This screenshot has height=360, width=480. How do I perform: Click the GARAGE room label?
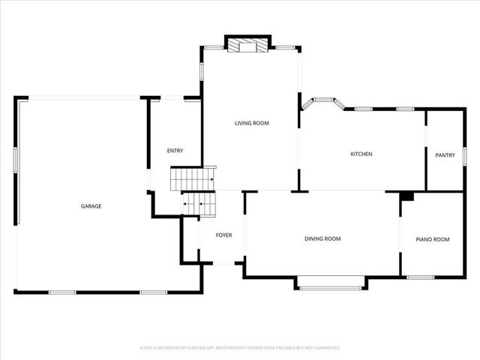[91, 206]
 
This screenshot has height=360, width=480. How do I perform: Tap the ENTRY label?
[175, 151]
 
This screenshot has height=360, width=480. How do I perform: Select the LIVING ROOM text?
[251, 123]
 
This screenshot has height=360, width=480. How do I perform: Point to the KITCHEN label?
[361, 154]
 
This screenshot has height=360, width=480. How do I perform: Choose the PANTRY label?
[445, 155]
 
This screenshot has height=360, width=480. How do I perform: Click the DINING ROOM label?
[322, 238]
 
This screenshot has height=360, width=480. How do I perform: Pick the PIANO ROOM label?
[433, 239]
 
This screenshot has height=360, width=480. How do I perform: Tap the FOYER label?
[223, 235]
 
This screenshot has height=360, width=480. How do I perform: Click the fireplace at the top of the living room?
[247, 46]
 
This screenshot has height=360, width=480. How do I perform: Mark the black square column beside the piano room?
[406, 196]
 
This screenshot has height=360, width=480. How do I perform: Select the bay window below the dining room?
[331, 283]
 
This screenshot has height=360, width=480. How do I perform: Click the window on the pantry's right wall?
[465, 154]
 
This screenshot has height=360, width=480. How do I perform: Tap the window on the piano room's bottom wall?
[421, 277]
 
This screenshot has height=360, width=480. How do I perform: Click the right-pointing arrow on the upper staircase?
[211, 179]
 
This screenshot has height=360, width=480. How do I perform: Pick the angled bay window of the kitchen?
[324, 100]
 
